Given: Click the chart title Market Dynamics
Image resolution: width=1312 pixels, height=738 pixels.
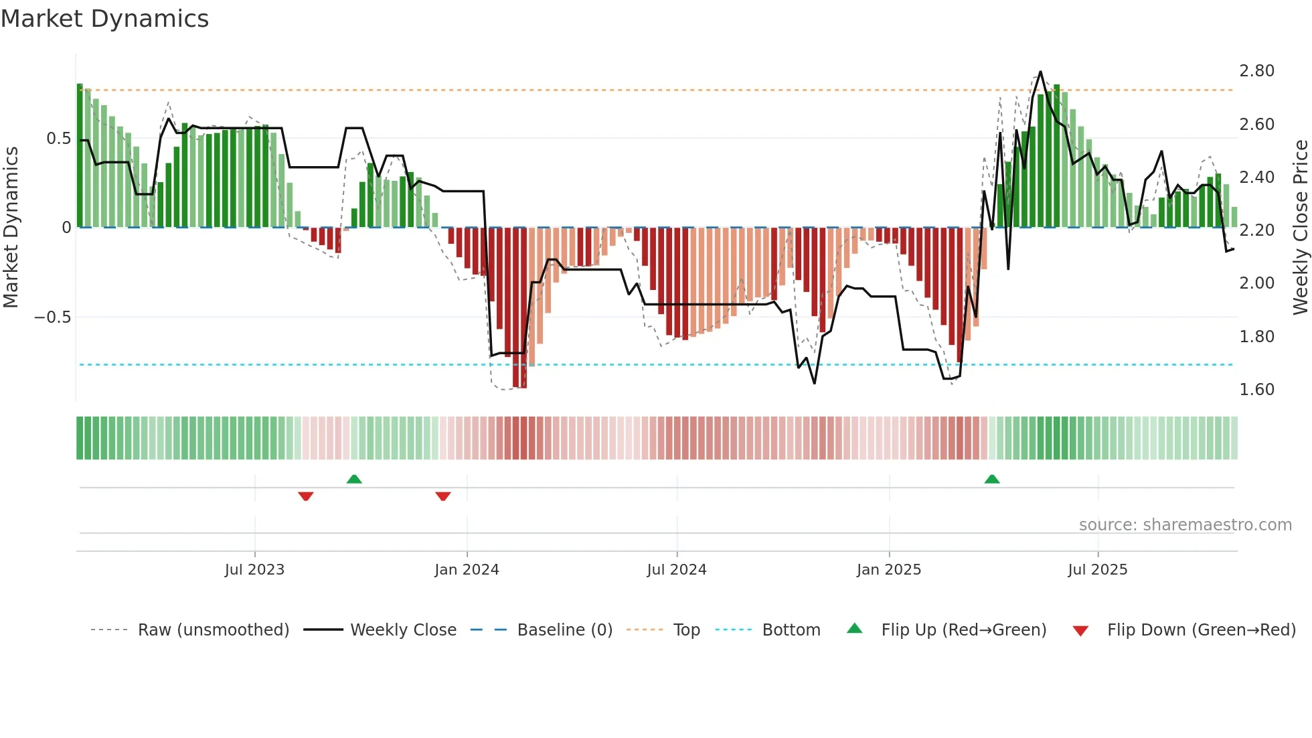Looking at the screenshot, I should (x=104, y=19).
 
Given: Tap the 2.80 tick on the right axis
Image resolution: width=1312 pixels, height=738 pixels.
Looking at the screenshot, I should (x=1256, y=71).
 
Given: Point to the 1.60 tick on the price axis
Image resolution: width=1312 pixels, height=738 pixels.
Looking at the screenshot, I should (x=1256, y=390).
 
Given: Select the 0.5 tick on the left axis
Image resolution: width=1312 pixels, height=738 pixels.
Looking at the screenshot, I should (x=58, y=139).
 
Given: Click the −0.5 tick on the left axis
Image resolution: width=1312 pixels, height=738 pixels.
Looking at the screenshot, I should (x=53, y=317).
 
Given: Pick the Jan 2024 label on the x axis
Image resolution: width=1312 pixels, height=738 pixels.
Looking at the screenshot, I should (x=467, y=570).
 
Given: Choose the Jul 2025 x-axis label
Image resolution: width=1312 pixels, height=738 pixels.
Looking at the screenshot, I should (x=1097, y=570).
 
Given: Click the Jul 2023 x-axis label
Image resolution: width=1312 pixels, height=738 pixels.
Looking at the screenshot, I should (x=254, y=570).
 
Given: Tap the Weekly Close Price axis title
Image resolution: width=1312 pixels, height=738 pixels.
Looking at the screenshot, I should (x=1300, y=228).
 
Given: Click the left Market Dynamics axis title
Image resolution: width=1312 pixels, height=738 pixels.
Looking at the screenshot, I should (x=11, y=228).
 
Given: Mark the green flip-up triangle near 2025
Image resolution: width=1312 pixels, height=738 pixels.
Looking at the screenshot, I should (x=992, y=479).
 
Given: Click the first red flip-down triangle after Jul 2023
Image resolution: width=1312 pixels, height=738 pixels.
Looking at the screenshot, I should (x=306, y=496).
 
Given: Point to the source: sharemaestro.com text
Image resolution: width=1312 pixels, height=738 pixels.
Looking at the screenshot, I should (x=1185, y=525).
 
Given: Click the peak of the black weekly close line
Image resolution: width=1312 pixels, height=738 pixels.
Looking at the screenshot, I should (x=1040, y=72).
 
